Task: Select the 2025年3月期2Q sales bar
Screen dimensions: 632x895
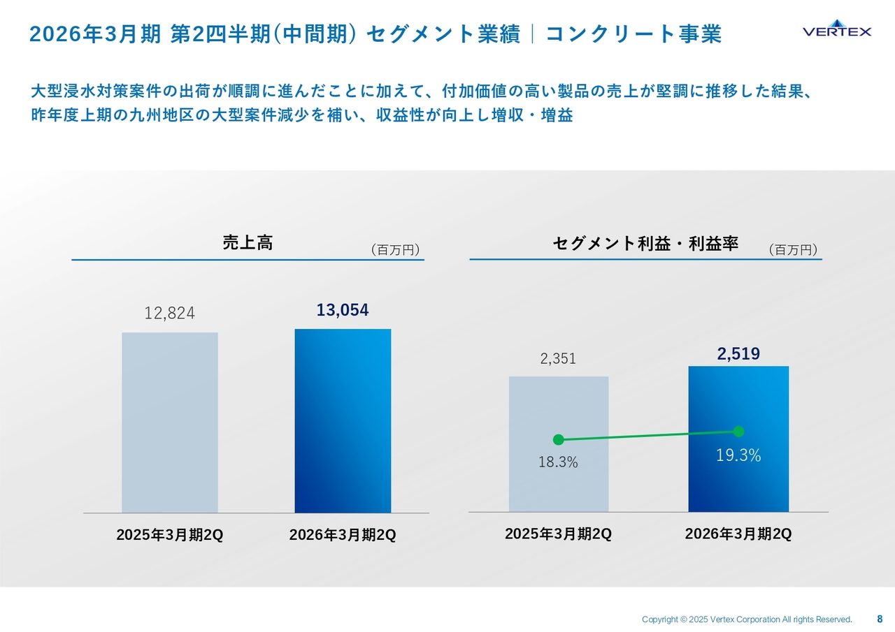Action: (x=170, y=422)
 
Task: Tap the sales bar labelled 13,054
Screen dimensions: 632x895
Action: (x=343, y=420)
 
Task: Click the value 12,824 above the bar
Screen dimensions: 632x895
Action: (x=170, y=314)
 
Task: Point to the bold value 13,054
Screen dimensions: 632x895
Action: (x=343, y=310)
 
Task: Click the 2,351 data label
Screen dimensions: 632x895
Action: (x=558, y=359)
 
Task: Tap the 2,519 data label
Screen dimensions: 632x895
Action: (x=738, y=355)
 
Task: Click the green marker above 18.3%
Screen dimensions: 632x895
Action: (x=558, y=439)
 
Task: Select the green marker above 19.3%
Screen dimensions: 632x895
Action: (x=738, y=432)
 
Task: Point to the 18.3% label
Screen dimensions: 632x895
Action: (x=558, y=462)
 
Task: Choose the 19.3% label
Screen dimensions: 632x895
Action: (x=738, y=456)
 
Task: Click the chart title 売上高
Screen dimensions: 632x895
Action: (x=248, y=243)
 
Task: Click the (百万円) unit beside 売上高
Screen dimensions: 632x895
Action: (x=395, y=250)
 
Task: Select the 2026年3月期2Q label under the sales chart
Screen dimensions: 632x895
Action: (x=343, y=535)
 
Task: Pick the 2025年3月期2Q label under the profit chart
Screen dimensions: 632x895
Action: (x=558, y=534)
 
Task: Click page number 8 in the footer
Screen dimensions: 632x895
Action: (x=880, y=619)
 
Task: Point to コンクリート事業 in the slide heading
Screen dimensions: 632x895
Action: (x=633, y=34)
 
